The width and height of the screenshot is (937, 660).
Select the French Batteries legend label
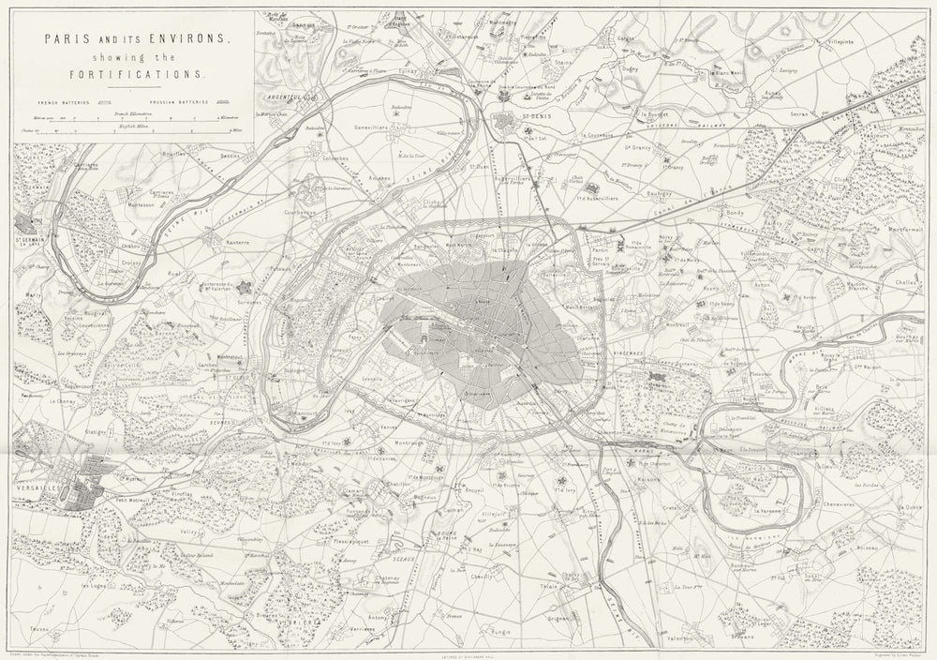(x=61, y=98)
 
